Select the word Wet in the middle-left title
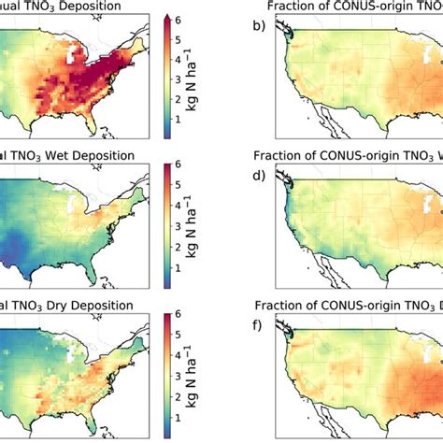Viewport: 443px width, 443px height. [66, 154]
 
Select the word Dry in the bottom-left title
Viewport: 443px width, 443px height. [66, 300]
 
